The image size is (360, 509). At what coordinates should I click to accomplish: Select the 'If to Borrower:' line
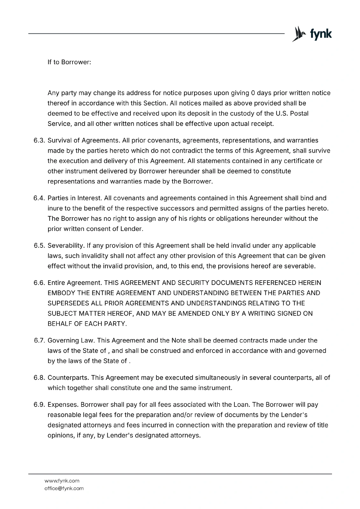click(x=69, y=62)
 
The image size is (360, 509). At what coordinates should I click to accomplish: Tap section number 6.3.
click(x=40, y=141)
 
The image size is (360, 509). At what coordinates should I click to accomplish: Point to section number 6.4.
click(x=40, y=198)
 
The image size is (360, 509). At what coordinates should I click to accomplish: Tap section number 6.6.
click(x=40, y=283)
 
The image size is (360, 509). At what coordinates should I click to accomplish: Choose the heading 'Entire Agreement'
click(x=74, y=283)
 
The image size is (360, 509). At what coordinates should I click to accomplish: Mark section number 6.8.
click(x=40, y=378)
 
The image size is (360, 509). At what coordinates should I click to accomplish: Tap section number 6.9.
click(x=40, y=405)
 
